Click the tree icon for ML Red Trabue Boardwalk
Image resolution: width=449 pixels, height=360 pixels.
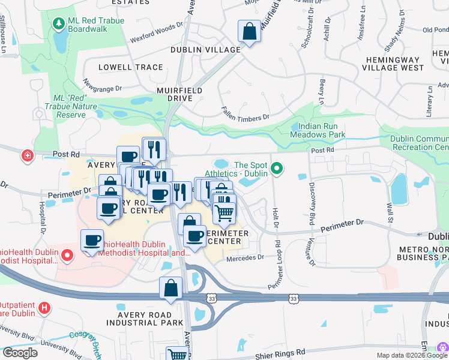(58, 23)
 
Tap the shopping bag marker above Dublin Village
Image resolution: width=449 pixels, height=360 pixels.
(249, 31)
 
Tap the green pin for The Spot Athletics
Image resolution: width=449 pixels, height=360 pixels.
(277, 170)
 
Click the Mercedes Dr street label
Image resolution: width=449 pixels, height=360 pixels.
(246, 258)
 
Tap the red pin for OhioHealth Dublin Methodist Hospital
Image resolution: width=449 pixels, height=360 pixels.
(66, 256)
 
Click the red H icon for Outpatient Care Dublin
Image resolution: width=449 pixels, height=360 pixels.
(43, 309)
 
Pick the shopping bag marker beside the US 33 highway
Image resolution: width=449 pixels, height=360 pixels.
(171, 288)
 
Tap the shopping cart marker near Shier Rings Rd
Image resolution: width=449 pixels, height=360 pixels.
(178, 355)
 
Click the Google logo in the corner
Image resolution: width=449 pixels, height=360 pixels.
(20, 353)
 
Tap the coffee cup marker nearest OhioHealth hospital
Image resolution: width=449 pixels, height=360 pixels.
(92, 240)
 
